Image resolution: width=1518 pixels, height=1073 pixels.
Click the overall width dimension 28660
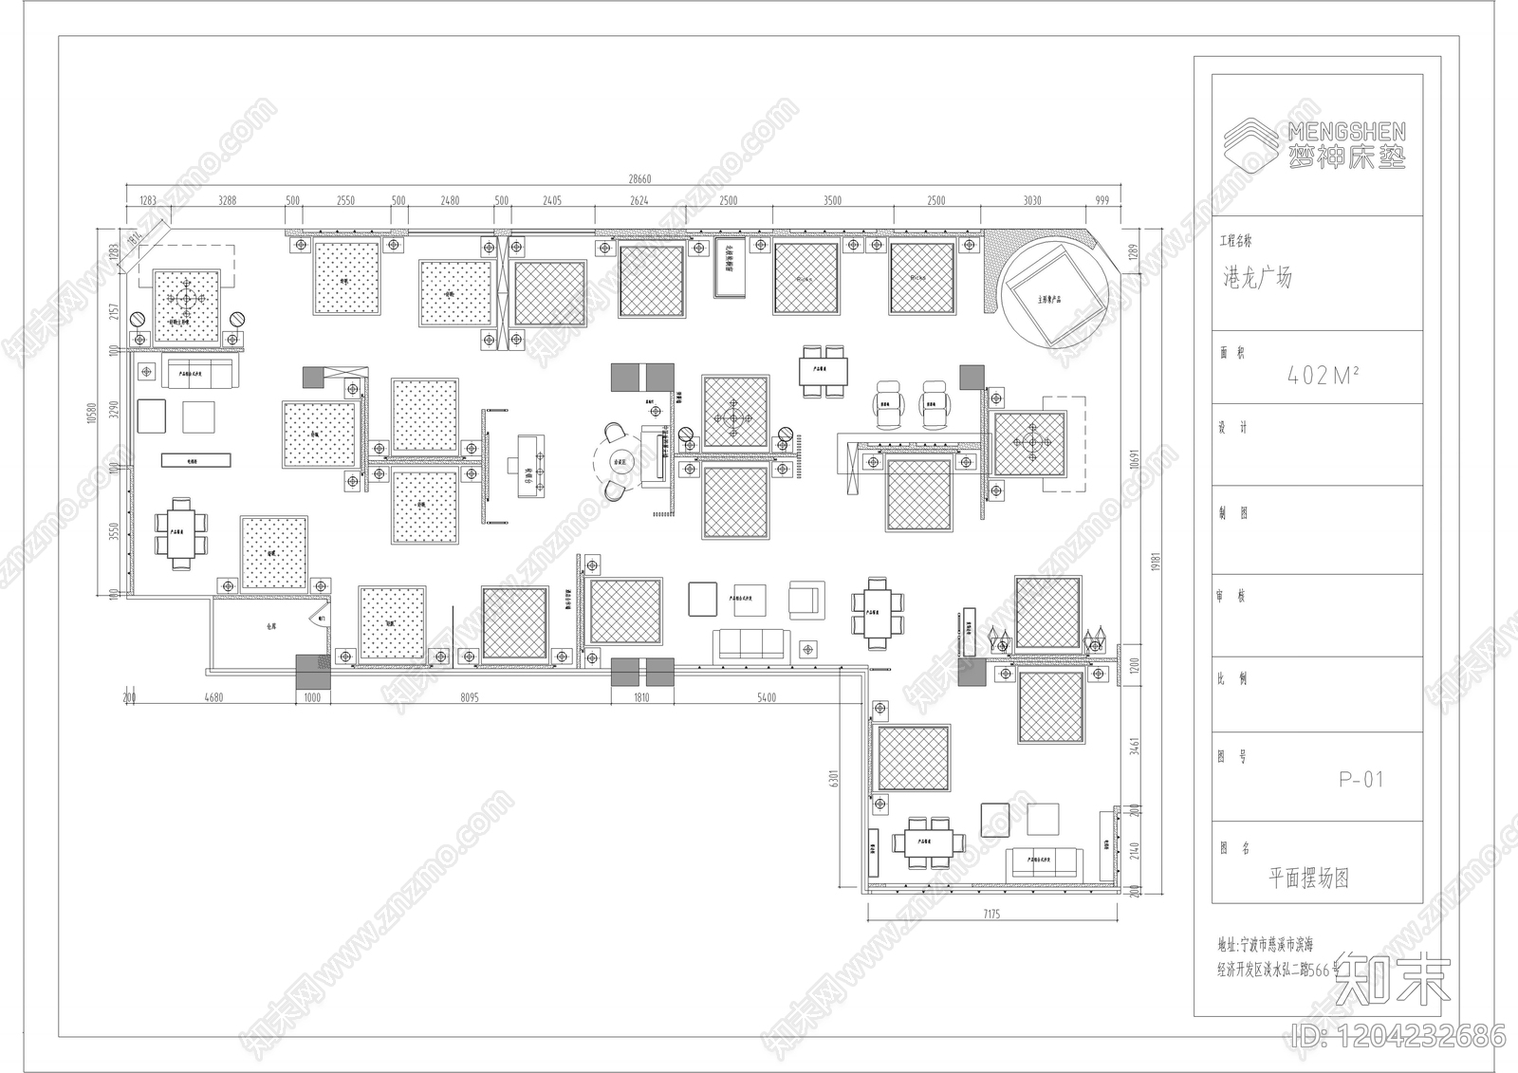639,179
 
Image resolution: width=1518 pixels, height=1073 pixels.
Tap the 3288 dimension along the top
227,200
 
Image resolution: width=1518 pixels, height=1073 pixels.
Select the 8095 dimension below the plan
469,697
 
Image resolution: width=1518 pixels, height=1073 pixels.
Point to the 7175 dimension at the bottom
991,915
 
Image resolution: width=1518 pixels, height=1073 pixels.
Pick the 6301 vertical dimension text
834,777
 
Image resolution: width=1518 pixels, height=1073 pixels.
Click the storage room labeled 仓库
270,626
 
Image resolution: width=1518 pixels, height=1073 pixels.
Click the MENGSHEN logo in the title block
1315,145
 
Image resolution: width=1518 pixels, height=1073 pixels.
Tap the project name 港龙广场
1256,278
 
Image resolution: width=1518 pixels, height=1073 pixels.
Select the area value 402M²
1323,376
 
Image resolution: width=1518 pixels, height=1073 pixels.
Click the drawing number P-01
1361,780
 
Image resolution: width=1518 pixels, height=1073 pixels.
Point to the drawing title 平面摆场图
1308,878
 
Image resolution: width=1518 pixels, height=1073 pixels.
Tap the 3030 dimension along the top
1032,200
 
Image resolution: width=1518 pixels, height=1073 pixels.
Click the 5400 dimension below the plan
766,697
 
